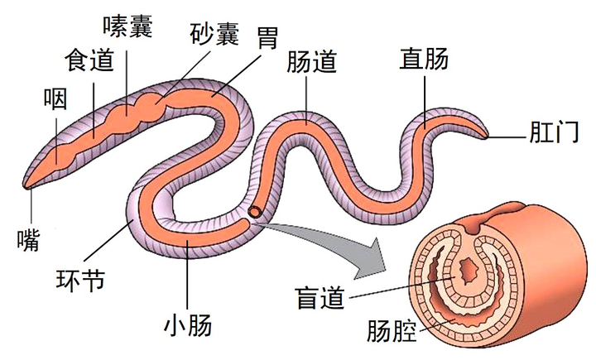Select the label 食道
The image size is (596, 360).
point(89,61)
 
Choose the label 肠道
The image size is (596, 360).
point(311,62)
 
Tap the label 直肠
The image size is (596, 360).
point(425,59)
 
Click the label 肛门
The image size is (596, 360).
point(553,132)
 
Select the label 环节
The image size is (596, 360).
point(79,279)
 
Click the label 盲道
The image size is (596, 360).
point(321,295)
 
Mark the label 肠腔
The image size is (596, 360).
point(391,333)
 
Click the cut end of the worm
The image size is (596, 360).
point(256,213)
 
